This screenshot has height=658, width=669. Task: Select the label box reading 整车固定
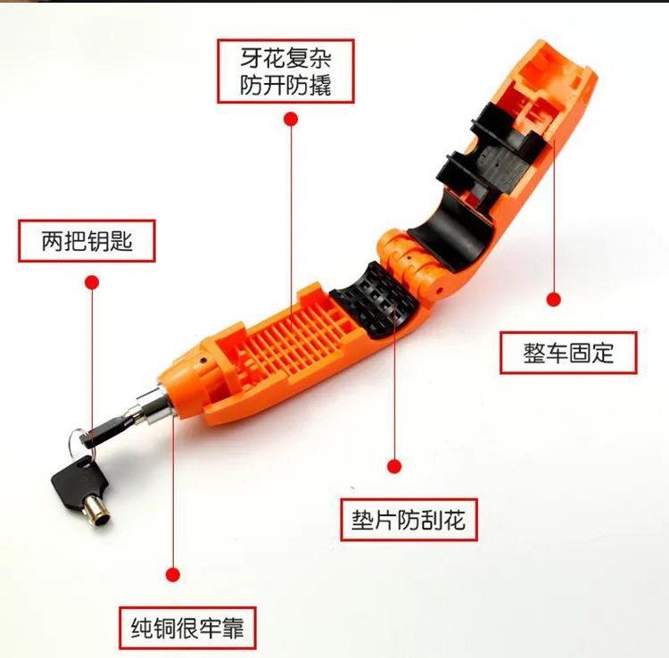(x=568, y=352)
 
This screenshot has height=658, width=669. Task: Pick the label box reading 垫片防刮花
(x=409, y=518)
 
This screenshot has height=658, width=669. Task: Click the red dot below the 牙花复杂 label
(x=289, y=118)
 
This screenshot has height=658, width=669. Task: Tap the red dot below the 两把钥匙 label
(x=91, y=282)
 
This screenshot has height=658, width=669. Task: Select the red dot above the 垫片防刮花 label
(x=393, y=465)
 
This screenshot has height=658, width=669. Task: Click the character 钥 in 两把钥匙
(x=98, y=241)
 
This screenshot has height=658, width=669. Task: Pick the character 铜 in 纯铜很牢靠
(x=164, y=628)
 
